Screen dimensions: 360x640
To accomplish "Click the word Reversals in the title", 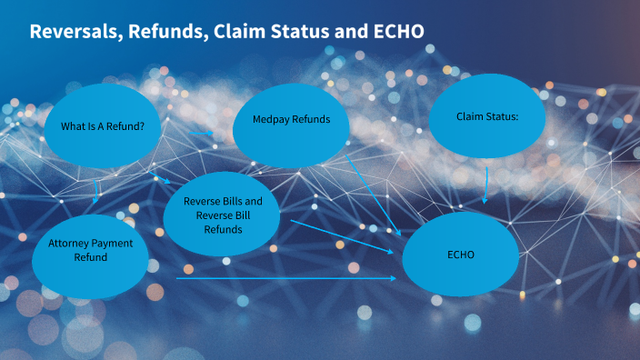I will (75, 31).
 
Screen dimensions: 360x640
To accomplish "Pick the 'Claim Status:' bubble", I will (487, 115).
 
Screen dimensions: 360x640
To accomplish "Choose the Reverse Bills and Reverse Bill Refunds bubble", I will (223, 215).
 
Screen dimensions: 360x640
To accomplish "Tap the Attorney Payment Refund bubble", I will (90, 250).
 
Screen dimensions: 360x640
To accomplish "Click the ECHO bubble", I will (460, 254).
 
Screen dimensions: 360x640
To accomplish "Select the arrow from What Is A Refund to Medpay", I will (201, 133).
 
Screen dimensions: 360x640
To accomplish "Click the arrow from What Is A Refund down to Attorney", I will (96, 190).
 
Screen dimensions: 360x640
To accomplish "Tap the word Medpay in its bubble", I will (272, 120).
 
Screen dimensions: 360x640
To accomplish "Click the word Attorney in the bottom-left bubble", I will (70, 243).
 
